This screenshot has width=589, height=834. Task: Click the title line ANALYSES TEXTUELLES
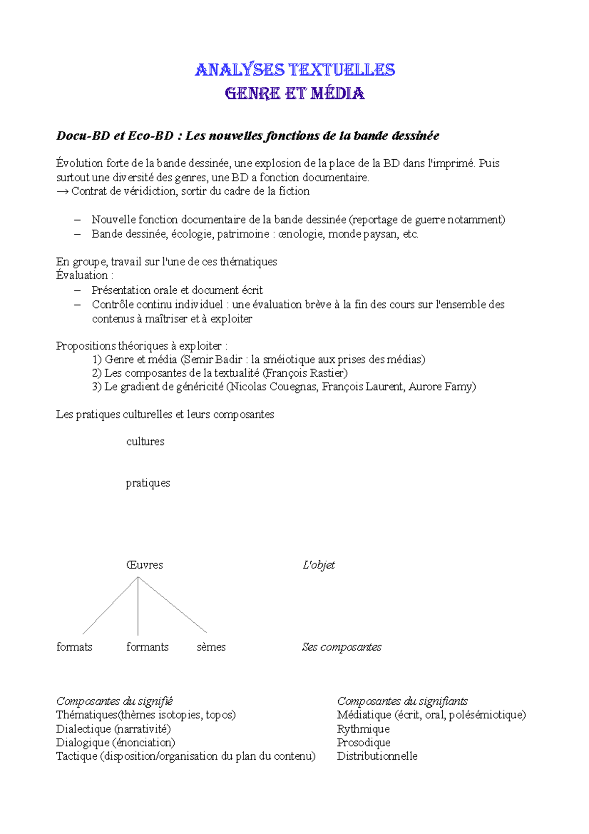click(x=295, y=70)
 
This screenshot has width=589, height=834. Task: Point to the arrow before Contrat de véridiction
click(x=62, y=192)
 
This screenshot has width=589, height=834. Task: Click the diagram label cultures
click(x=145, y=442)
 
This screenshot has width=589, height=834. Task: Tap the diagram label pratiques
click(x=148, y=483)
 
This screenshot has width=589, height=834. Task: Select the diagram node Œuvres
click(x=144, y=565)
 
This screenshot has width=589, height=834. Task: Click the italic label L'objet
click(x=319, y=565)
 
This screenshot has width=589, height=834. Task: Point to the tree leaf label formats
click(x=74, y=647)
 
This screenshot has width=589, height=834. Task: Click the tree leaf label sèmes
click(x=211, y=647)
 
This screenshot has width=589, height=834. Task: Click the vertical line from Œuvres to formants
click(x=138, y=607)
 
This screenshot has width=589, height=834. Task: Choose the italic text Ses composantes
click(x=342, y=647)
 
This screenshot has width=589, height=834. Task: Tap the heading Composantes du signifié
click(x=114, y=701)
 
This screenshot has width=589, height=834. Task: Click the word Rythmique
click(x=363, y=729)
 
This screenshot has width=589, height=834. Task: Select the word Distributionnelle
click(x=377, y=756)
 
